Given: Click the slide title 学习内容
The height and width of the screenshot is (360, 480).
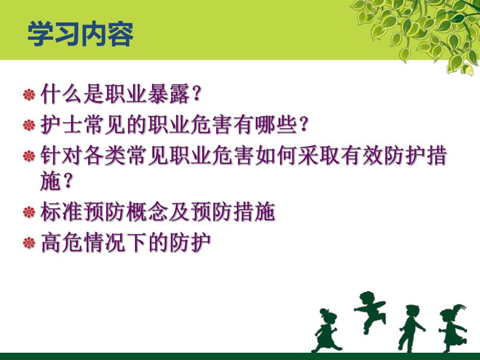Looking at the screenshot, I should click(80, 34).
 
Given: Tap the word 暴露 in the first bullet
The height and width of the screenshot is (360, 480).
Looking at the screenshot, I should click(170, 94).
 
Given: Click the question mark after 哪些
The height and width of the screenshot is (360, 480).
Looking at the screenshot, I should click(305, 125).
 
